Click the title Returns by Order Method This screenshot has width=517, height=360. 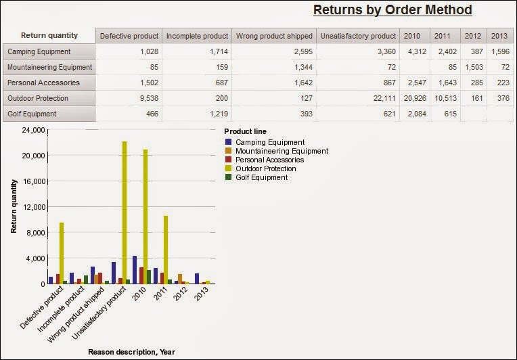click(x=392, y=10)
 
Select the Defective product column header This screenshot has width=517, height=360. click(x=129, y=36)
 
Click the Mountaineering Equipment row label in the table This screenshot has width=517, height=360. click(x=49, y=67)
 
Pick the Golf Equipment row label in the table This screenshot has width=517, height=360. click(x=32, y=114)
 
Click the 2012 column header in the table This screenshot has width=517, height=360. click(x=472, y=36)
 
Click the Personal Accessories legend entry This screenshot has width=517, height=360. click(x=269, y=160)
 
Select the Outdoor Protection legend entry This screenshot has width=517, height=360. click(x=265, y=168)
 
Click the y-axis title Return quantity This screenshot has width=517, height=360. click(x=13, y=206)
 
